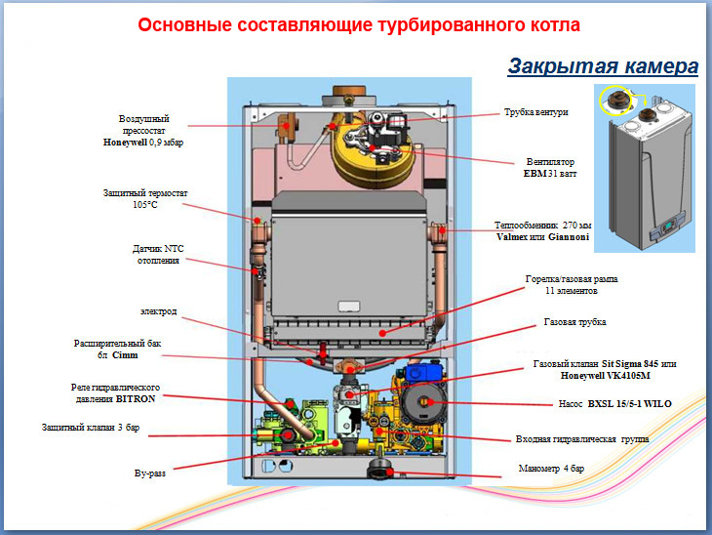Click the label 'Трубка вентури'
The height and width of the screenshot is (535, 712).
pos(536,112)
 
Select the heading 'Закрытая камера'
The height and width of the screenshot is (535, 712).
pos(603,66)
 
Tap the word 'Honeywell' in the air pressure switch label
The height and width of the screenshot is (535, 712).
pos(125,143)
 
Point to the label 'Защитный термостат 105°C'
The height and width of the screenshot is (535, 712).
pos(145,198)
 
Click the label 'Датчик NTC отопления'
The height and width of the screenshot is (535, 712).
pos(158,255)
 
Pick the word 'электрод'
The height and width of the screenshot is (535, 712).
pos(158,311)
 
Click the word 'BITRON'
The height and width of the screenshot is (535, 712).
pos(136,398)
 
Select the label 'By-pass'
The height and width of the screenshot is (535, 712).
pos(150,473)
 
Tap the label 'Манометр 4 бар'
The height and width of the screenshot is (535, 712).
pos(551,469)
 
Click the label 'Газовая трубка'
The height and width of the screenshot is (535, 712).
pos(574,322)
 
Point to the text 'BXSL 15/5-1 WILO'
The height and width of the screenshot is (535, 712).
pos(629,403)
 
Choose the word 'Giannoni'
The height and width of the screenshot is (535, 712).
pos(569,237)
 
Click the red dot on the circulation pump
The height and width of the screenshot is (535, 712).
pos(430,402)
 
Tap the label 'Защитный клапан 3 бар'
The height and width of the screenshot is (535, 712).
pos(91,428)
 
